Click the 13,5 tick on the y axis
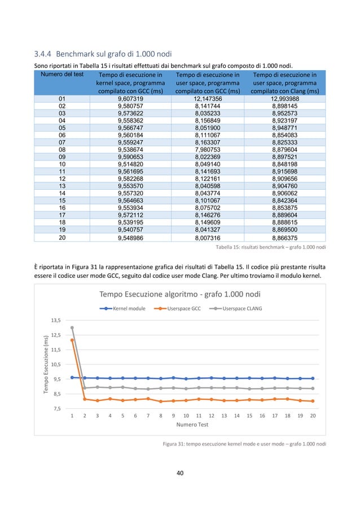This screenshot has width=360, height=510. tap(55, 320)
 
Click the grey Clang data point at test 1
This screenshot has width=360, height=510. tap(72, 328)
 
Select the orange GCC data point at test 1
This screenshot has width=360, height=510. tap(72, 340)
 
